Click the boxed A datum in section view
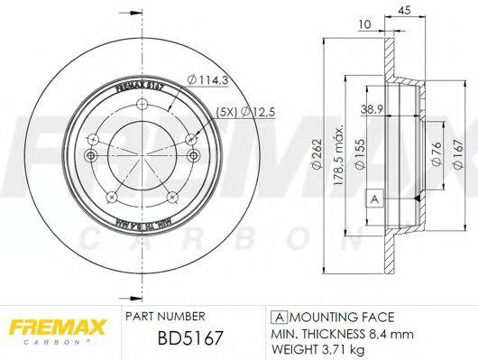(x=372, y=198)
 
